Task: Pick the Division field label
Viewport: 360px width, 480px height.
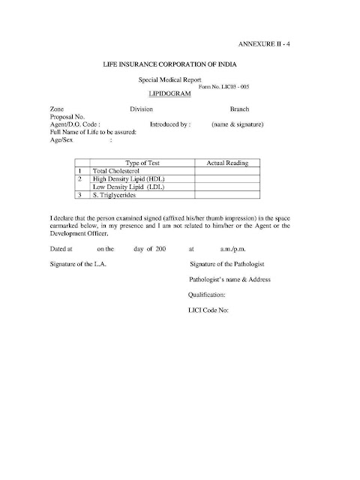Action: click(x=142, y=109)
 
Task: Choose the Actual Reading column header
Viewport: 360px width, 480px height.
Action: click(x=226, y=163)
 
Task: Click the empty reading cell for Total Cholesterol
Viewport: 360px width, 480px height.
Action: click(x=226, y=171)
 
